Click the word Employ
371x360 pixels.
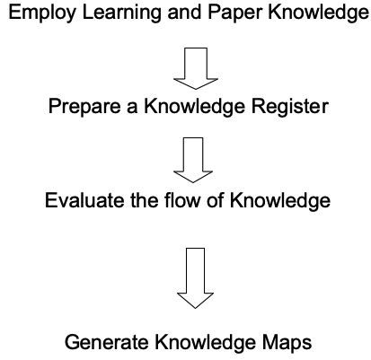[42, 13]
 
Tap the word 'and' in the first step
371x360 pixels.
[184, 12]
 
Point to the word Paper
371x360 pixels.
[234, 13]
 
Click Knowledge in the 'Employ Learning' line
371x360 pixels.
[318, 13]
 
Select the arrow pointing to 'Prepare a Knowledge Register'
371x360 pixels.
[196, 68]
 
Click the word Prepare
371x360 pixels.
[84, 107]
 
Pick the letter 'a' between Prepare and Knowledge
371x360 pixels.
[132, 109]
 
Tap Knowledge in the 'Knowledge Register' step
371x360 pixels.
[195, 107]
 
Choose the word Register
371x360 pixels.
[290, 107]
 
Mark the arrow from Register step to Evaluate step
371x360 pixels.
[193, 160]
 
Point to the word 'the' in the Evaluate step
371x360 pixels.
[144, 200]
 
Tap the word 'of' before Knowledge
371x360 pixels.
[216, 200]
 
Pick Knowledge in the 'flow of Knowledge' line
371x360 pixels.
[280, 201]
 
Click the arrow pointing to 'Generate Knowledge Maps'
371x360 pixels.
[195, 278]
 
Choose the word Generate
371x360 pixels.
[107, 342]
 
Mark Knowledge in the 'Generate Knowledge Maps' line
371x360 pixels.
[205, 343]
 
